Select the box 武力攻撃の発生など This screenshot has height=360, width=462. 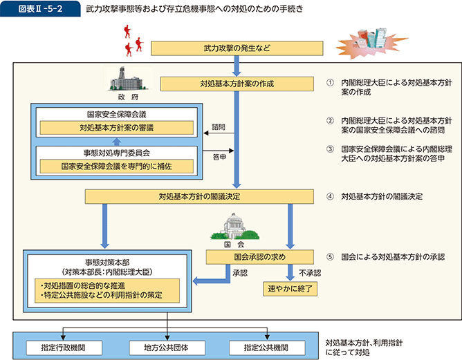pyautogui.click(x=237, y=48)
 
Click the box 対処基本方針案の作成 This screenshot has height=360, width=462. pyautogui.click(x=237, y=84)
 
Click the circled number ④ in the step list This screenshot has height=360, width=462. pyautogui.click(x=331, y=196)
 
